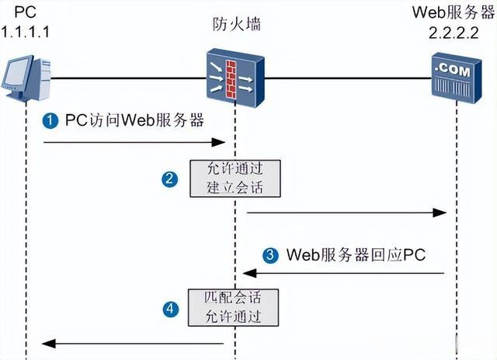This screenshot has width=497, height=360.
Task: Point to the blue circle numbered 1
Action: [50, 122]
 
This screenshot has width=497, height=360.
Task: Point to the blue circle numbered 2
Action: [169, 178]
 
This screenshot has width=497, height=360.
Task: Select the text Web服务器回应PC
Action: [355, 254]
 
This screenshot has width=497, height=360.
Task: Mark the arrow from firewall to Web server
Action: [346, 212]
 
